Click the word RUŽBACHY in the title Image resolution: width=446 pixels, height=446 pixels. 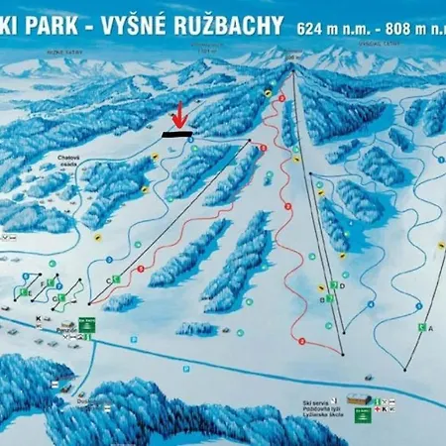[229, 25]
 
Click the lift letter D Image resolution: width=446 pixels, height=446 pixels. [341, 285]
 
